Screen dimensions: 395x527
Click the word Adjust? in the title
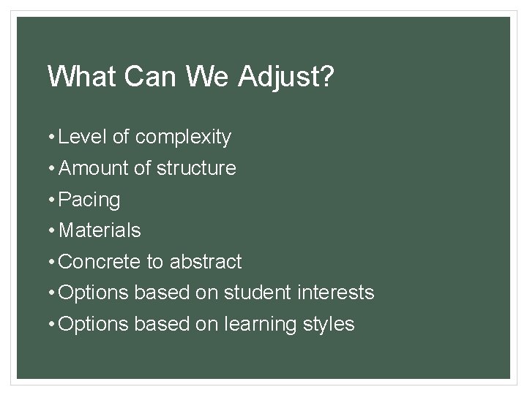click(x=288, y=77)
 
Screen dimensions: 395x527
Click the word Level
click(x=81, y=137)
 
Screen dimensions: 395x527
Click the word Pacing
click(x=89, y=200)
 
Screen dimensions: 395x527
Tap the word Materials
click(x=100, y=230)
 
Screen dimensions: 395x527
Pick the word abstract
click(x=205, y=261)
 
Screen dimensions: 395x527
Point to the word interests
click(x=337, y=293)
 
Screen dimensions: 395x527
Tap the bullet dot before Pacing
click(x=52, y=200)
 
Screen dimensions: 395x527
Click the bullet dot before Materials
click(x=52, y=230)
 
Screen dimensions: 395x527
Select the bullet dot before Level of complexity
click(x=52, y=137)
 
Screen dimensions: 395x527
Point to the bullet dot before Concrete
click(x=52, y=261)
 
